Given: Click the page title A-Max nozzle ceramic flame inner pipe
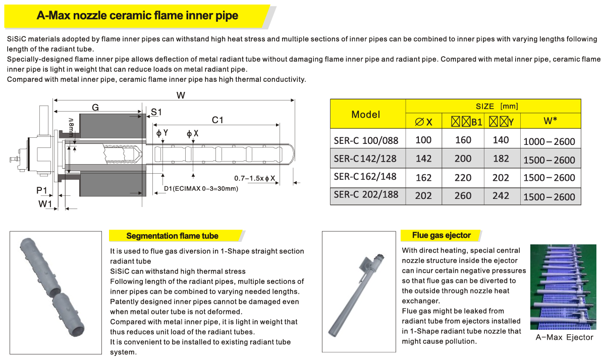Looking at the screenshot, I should tap(137, 16).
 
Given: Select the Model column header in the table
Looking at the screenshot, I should tap(366, 114).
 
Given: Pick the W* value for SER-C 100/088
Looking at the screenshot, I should tap(549, 141).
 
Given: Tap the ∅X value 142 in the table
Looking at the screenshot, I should tap(423, 159).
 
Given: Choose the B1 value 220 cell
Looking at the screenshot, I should tap(463, 177).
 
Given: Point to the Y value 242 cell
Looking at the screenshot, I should tap(501, 195).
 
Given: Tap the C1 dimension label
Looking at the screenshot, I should tap(217, 120).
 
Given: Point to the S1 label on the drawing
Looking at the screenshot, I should tap(156, 112).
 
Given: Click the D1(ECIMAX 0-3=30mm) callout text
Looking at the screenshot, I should tap(201, 189).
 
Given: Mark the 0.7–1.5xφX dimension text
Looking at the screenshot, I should tap(255, 178).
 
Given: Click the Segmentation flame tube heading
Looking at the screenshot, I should tap(172, 236).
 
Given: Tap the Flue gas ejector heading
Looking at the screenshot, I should tap(441, 235).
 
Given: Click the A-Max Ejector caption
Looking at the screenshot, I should tap(564, 337).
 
